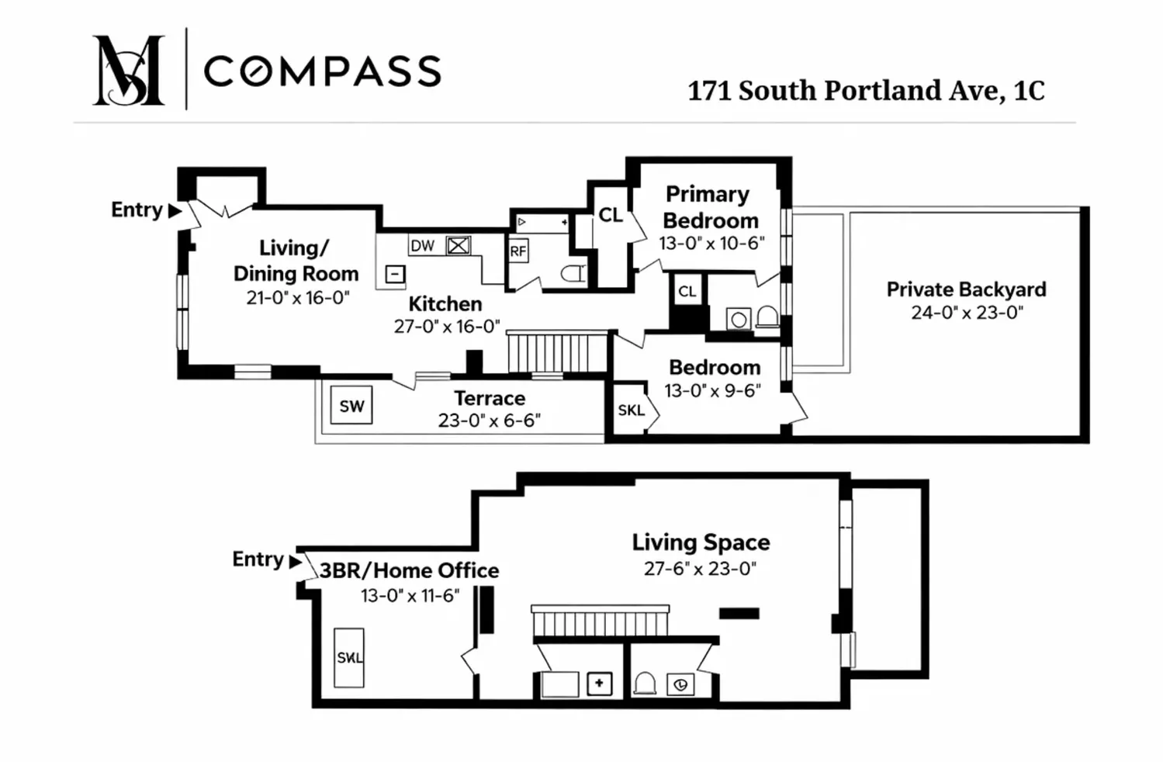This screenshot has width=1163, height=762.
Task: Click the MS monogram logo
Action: (x=128, y=70)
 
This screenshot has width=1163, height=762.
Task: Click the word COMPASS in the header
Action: (x=322, y=71)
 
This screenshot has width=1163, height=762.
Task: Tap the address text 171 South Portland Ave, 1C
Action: (x=866, y=91)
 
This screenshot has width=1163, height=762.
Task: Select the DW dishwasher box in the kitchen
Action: (x=423, y=246)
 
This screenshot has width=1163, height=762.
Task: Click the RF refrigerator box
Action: (x=518, y=251)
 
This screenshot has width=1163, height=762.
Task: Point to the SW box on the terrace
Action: (x=351, y=406)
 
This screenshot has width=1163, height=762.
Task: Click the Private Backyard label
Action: (x=966, y=289)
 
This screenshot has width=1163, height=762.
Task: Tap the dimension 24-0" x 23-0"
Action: (x=967, y=313)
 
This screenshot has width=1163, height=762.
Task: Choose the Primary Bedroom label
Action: (x=709, y=206)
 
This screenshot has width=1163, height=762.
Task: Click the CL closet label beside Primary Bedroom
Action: (x=611, y=215)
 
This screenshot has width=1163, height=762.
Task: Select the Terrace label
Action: (x=490, y=398)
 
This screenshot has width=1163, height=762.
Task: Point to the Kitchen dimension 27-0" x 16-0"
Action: (x=447, y=327)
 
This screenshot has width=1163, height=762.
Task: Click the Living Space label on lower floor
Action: (x=701, y=542)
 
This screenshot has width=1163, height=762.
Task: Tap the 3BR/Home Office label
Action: (x=409, y=571)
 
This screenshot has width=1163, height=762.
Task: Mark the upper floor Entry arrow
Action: (x=175, y=210)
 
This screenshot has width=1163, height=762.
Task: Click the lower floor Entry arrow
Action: (x=296, y=561)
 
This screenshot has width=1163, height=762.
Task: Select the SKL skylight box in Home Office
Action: (x=349, y=657)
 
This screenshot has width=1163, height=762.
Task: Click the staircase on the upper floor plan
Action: (x=556, y=353)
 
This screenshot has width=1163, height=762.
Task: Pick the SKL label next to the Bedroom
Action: (x=631, y=410)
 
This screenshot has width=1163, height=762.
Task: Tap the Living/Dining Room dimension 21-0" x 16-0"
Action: (x=298, y=298)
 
